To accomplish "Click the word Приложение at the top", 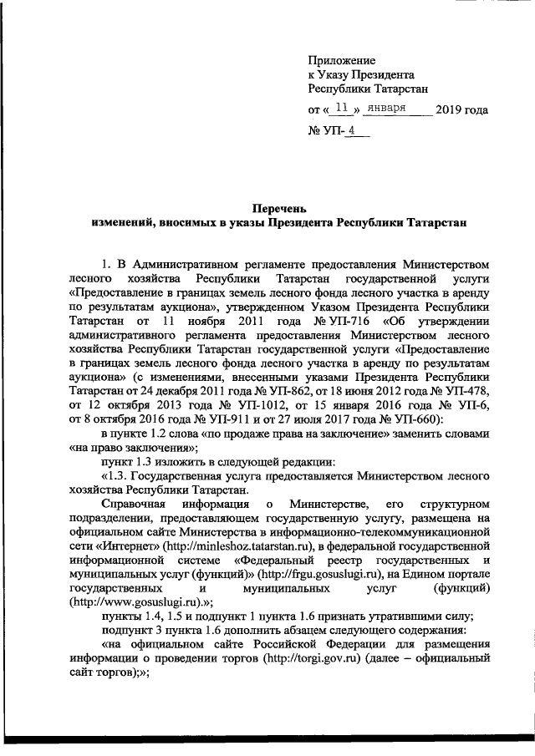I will coord(342,61).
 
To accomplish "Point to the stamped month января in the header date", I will coord(387,109).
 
